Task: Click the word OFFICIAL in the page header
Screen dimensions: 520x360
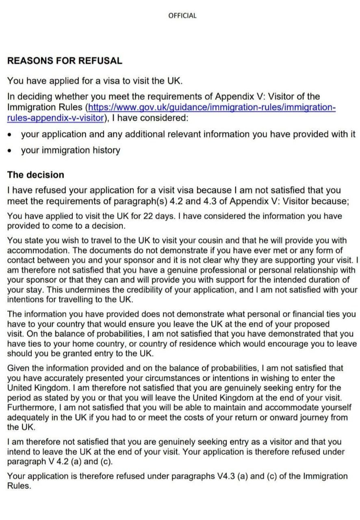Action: click(x=182, y=16)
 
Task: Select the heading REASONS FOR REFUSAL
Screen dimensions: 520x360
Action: click(x=65, y=61)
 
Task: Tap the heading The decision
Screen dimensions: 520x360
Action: click(x=36, y=175)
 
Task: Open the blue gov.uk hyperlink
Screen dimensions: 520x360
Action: click(x=211, y=108)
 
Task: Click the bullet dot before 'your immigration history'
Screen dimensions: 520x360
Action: click(x=10, y=151)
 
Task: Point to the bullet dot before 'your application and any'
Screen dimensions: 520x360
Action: click(x=10, y=134)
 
